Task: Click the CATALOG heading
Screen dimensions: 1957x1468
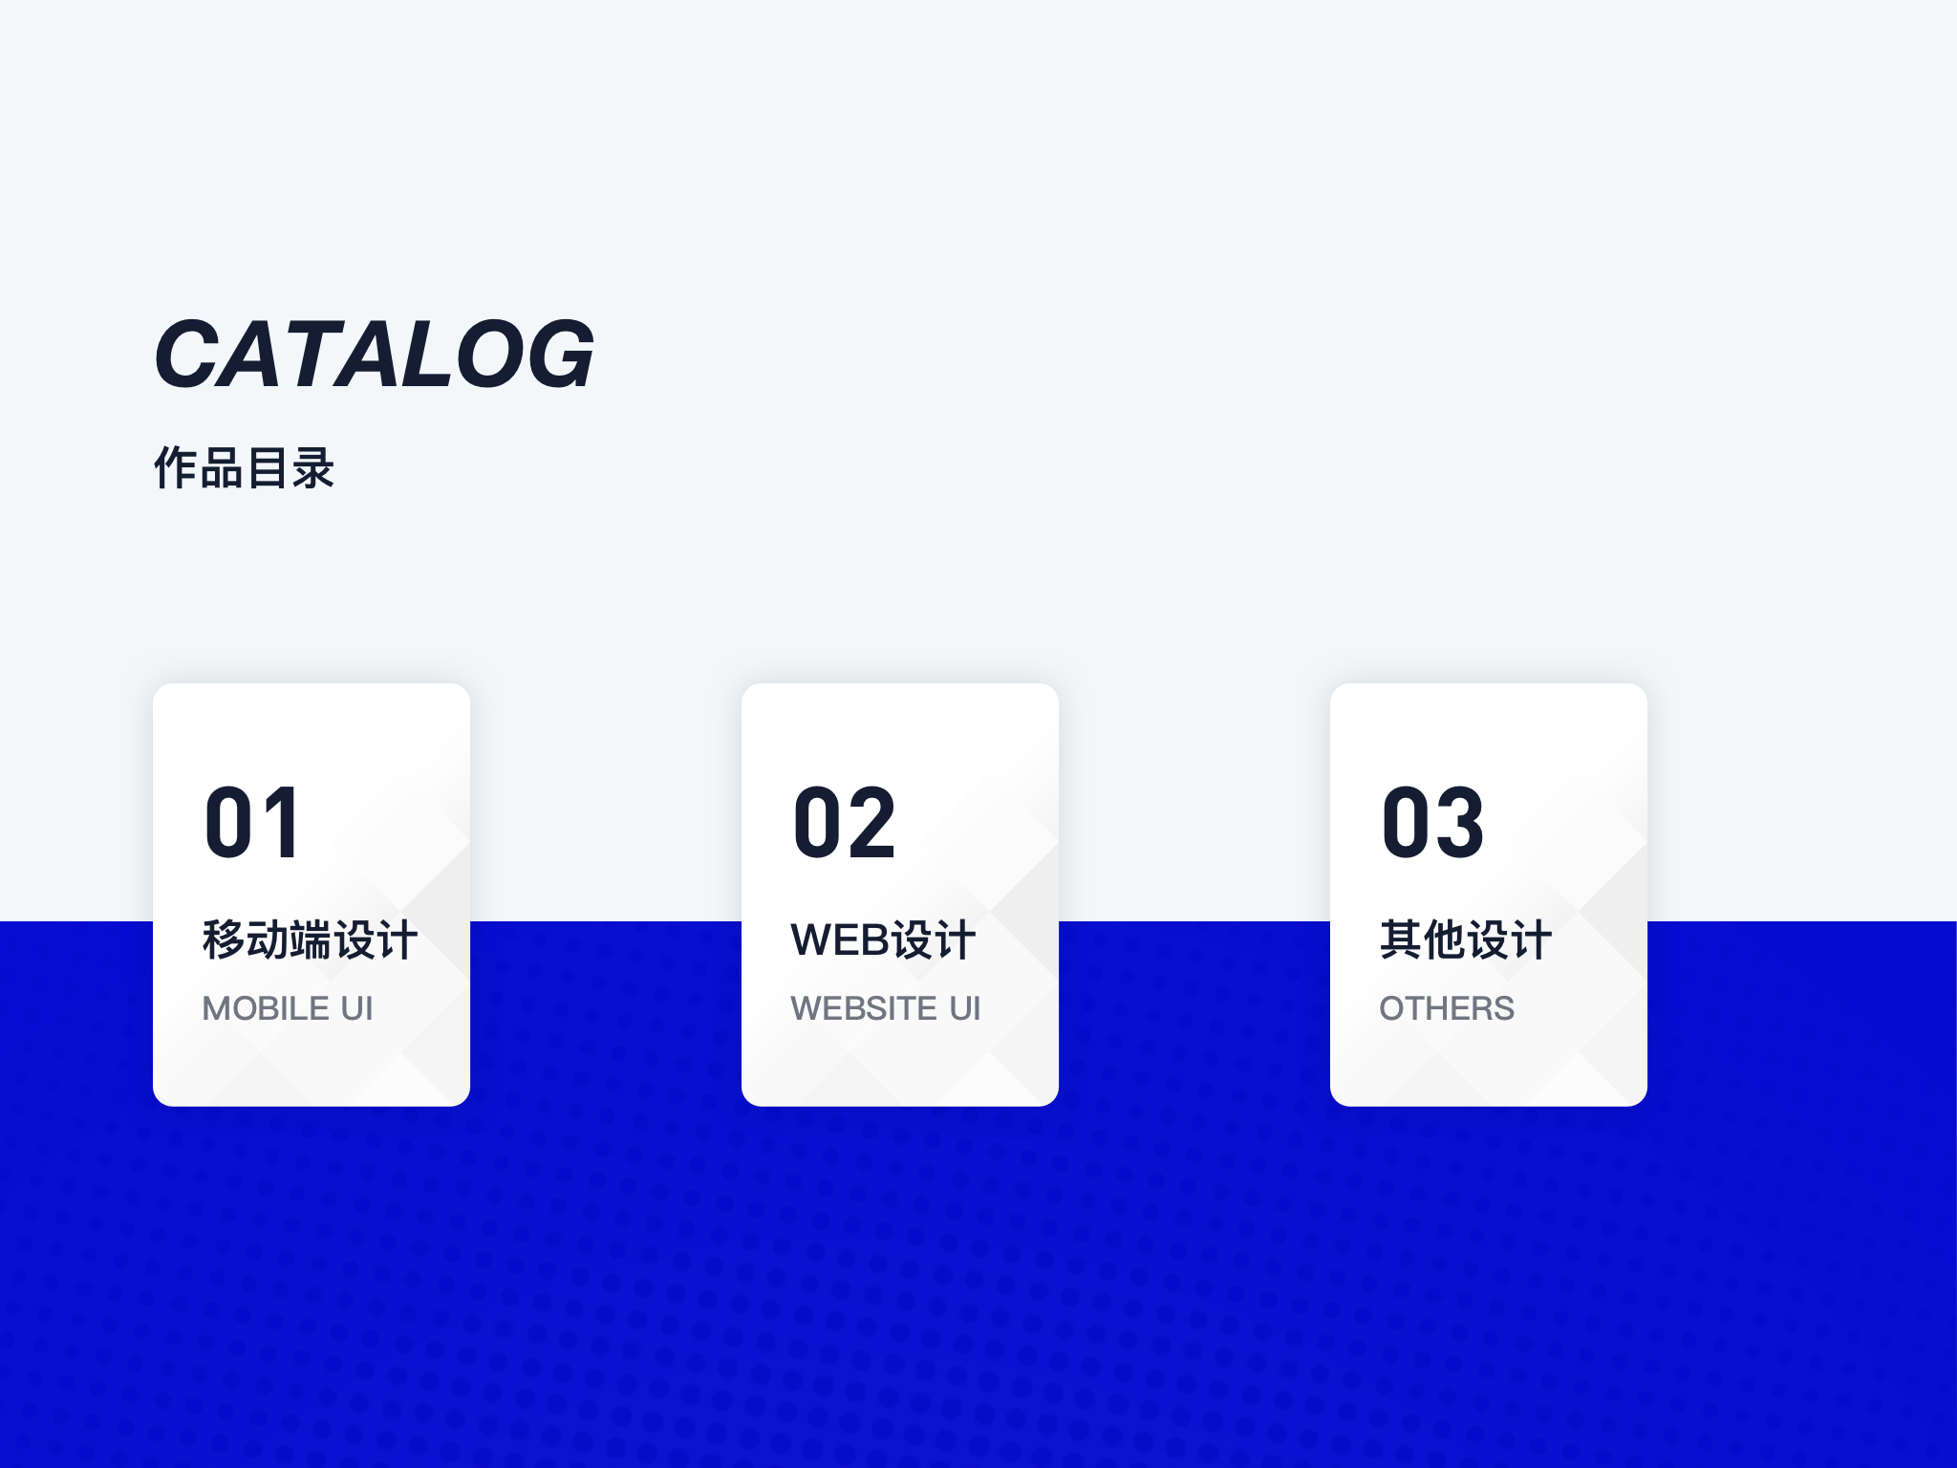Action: (375, 354)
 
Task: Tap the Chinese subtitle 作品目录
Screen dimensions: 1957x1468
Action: (245, 468)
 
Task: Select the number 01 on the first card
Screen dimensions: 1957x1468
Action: (253, 823)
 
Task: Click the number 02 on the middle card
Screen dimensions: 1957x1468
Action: (845, 823)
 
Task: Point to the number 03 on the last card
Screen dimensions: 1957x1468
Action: (1433, 823)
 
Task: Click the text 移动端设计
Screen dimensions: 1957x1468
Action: (311, 939)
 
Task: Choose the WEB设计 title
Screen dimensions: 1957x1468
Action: (884, 939)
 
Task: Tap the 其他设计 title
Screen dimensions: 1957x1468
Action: (1466, 939)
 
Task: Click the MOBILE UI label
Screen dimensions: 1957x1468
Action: (288, 1008)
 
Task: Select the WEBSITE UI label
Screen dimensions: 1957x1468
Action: (886, 1008)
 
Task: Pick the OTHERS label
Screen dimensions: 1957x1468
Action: (1447, 1008)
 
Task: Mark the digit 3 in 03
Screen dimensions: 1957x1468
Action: (1460, 823)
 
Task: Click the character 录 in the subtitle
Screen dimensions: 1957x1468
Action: (313, 468)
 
